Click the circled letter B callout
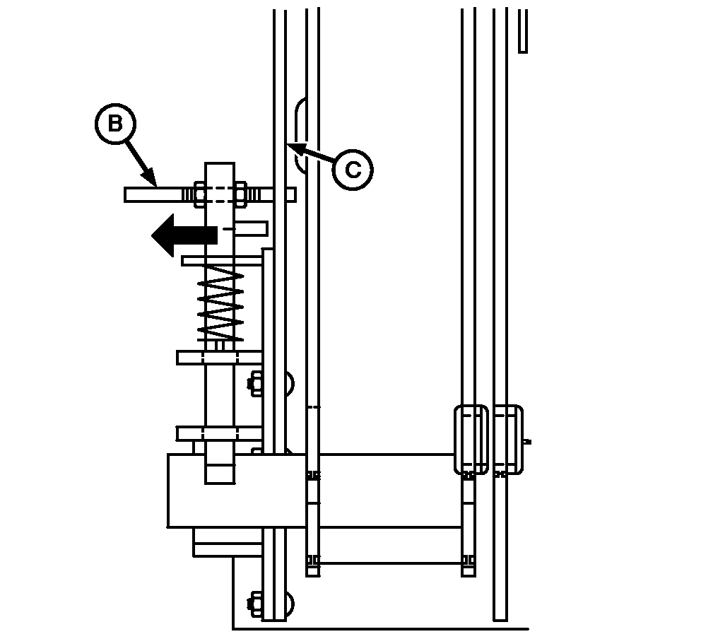pos(115,124)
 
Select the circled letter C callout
pos(353,170)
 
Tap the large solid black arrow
pos(184,235)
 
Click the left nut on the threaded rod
pos(200,194)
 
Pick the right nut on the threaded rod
pos(240,194)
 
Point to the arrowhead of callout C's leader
pos(295,148)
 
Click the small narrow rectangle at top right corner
pos(523,30)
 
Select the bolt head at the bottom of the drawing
pos(255,604)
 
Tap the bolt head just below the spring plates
pos(255,383)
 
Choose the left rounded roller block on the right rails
pos(471,439)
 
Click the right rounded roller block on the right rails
pos(509,439)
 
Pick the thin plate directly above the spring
pos(222,261)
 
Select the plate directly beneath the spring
pos(219,357)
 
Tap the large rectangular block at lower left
pos(237,491)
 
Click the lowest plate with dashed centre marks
pos(219,434)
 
